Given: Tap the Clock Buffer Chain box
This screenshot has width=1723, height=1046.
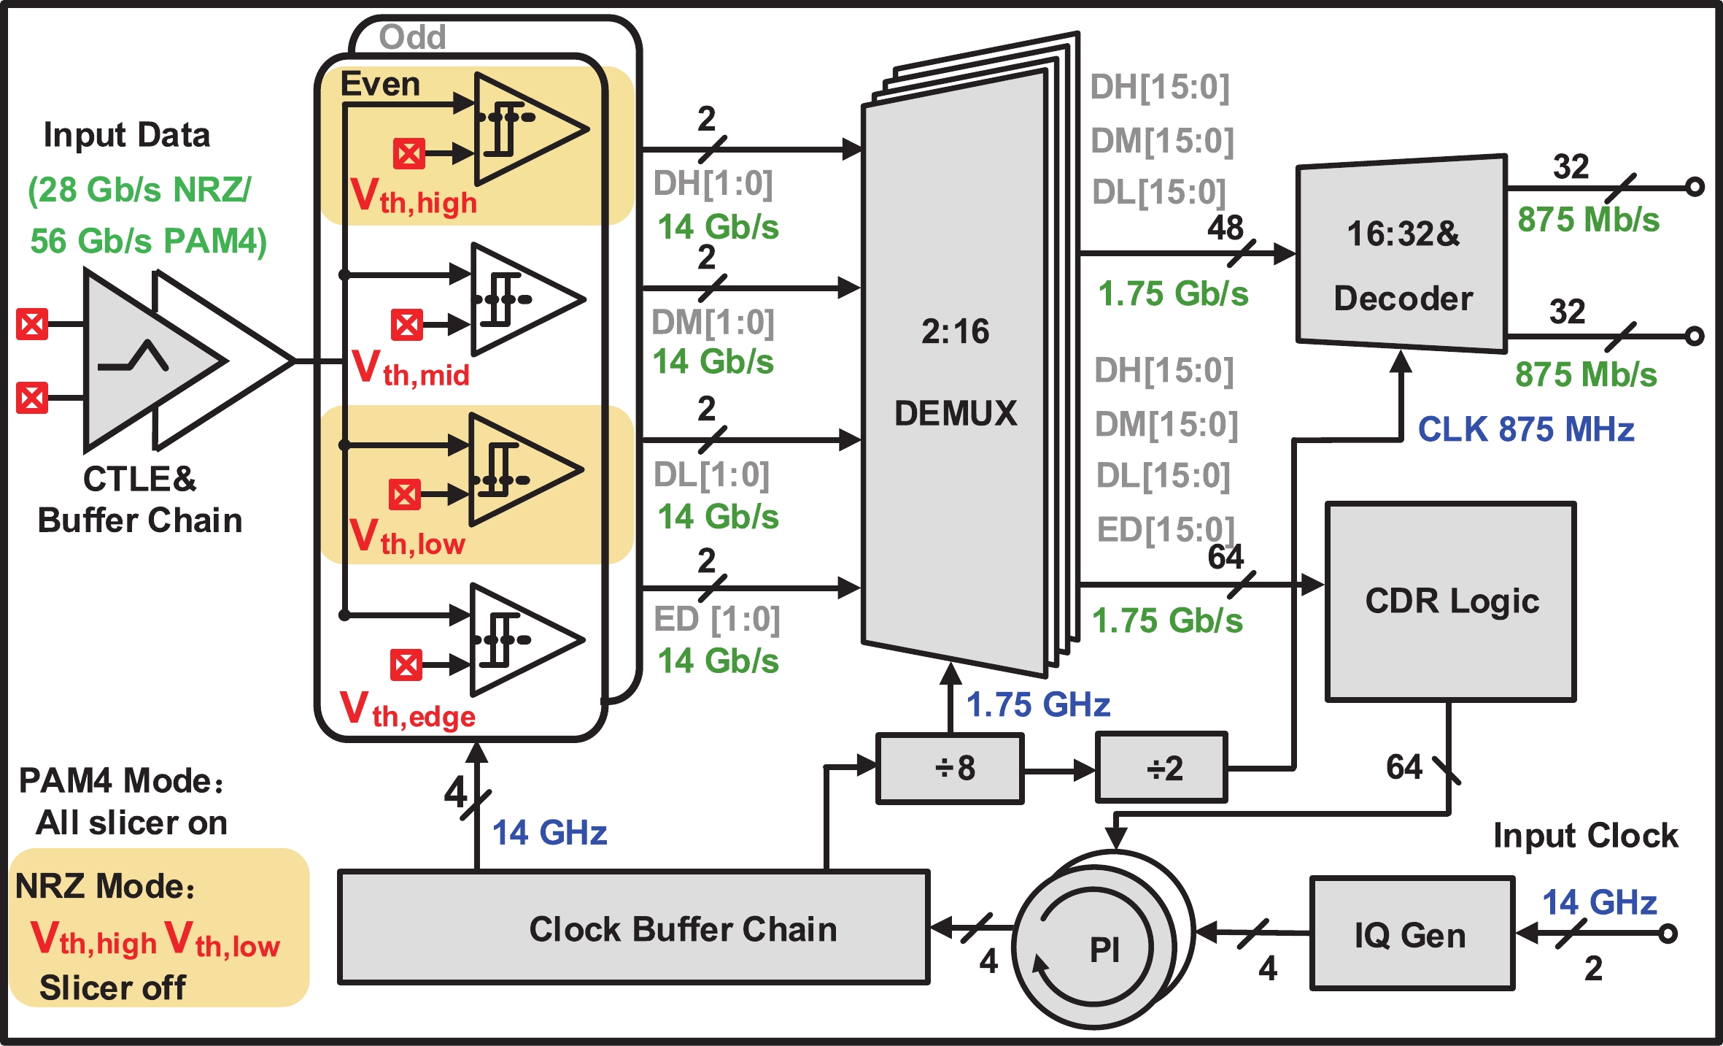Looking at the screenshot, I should coord(633,928).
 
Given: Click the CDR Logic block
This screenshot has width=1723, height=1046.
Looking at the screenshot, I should coord(1450,601).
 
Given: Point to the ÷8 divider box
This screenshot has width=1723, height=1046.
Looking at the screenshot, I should coord(949,769).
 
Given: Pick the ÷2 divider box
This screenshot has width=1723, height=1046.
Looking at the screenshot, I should coord(1162,769).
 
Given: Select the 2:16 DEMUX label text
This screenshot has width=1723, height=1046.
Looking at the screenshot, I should coord(955,372).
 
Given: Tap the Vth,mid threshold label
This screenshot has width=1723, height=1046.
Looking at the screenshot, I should coord(411,369).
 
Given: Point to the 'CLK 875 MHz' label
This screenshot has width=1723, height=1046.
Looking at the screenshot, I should coord(1525,429).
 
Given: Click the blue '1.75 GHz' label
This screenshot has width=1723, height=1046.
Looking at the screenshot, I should coord(1037,705).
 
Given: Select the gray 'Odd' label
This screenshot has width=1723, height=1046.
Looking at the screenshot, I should coord(412,37).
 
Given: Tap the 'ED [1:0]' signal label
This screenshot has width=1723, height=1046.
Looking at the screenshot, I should coord(716,620).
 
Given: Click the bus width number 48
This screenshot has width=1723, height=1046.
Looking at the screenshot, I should coord(1225,228).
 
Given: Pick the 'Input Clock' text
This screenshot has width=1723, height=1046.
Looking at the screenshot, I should coord(1585,835).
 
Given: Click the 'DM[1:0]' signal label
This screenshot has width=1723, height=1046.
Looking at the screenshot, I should coord(713,322).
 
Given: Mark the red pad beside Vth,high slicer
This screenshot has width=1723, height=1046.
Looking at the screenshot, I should coord(409,154).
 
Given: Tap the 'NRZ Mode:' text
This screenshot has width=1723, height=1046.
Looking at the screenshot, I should coord(105,886).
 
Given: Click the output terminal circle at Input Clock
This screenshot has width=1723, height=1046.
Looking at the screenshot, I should coord(1668,934).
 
